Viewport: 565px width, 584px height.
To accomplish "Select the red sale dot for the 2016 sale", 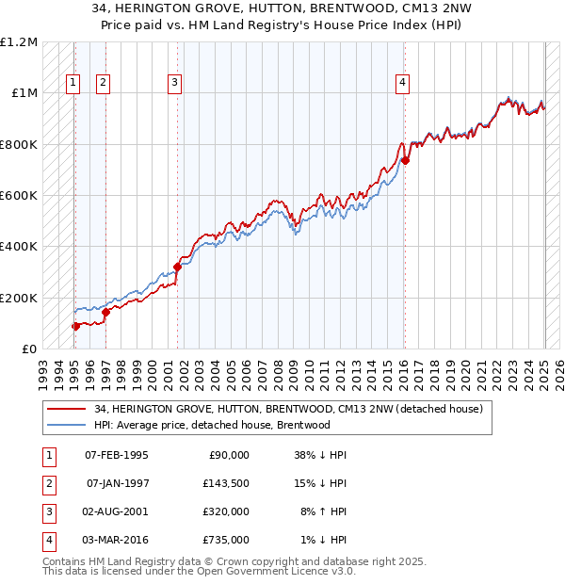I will point(406,160).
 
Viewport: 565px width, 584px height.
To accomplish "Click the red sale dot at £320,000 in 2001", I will point(177,268).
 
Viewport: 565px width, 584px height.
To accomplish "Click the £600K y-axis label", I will point(21,196).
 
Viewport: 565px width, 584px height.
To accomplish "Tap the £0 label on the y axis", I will point(28,349).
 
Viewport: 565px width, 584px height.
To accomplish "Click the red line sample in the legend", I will point(67,409).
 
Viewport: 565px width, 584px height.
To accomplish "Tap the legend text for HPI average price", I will point(212,425).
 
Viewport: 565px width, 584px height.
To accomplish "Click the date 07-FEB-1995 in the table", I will point(117,455).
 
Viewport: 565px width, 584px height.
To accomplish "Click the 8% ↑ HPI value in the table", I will point(322,511).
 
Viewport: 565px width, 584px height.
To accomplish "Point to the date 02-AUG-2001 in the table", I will point(117,511).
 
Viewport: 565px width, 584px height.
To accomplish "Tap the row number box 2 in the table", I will point(48,483).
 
